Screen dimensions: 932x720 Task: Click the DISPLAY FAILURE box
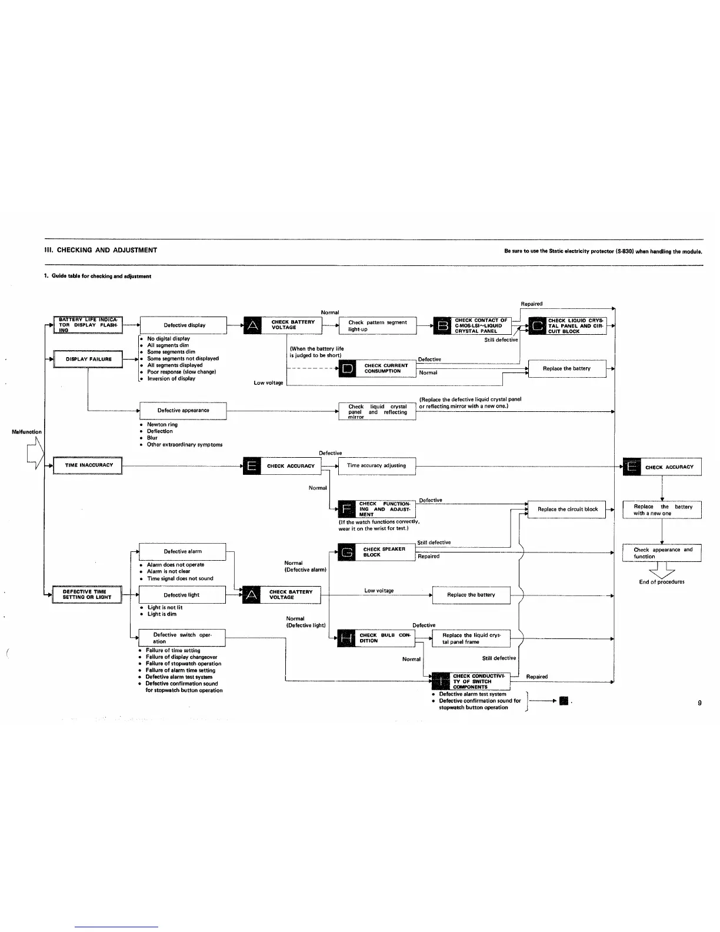[88, 359]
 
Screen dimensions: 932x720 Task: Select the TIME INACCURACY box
[88, 465]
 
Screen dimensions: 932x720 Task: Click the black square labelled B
[442, 325]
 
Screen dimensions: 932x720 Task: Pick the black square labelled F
[348, 509]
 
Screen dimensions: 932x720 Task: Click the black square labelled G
[348, 552]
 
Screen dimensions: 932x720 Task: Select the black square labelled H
[347, 638]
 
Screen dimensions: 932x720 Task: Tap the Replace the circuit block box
[567, 510]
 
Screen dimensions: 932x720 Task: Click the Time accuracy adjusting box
[377, 465]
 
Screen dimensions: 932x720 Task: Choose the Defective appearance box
[183, 410]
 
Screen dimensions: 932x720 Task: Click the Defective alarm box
[182, 551]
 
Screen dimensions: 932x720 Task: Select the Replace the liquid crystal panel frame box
[471, 638]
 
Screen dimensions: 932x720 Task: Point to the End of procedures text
[661, 582]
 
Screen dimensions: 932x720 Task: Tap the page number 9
[699, 703]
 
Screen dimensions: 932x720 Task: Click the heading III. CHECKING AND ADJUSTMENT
[101, 250]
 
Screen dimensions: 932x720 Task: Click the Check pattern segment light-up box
[378, 325]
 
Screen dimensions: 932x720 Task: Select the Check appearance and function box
[662, 553]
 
